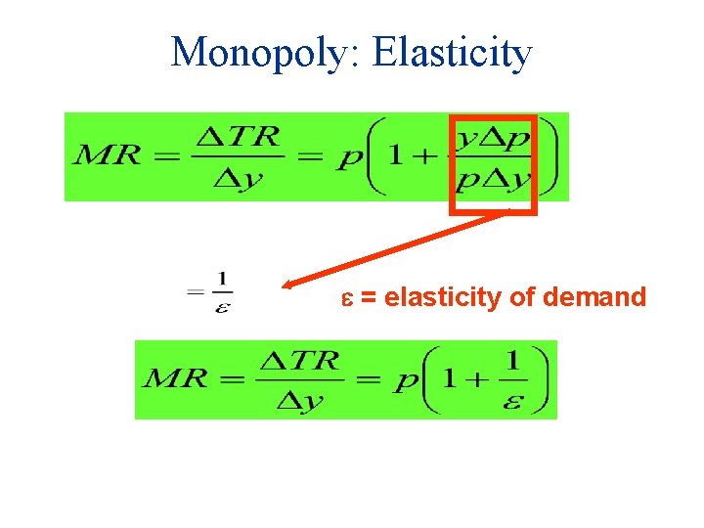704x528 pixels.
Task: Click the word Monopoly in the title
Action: pyautogui.click(x=262, y=52)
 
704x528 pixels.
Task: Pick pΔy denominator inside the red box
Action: pyautogui.click(x=493, y=179)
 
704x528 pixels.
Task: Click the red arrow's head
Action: pyautogui.click(x=288, y=286)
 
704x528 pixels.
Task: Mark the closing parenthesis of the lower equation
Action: pyautogui.click(x=540, y=380)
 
